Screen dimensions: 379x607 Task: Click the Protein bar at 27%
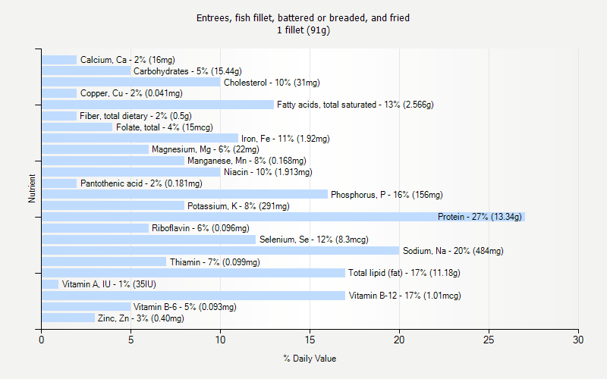[283, 217]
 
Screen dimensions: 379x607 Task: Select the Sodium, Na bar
[220, 251]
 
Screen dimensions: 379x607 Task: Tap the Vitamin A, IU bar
[50, 284]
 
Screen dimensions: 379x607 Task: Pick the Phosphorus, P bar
[184, 195]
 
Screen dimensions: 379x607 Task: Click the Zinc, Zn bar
[68, 318]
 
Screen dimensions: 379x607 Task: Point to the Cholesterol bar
[131, 83]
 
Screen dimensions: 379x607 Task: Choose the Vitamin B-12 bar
[193, 296]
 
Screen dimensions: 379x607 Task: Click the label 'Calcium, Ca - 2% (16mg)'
[127, 60]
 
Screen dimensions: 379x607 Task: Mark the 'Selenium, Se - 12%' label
[313, 240]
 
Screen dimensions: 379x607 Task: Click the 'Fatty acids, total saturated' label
[354, 105]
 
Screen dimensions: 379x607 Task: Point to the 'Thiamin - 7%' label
[215, 262]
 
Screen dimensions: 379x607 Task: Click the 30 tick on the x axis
[579, 340]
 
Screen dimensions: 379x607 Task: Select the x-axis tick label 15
[310, 340]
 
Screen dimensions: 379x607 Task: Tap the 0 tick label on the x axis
[42, 340]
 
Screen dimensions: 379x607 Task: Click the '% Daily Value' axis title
[310, 359]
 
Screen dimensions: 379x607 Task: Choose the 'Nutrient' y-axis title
[32, 189]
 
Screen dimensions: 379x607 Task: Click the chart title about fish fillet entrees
[303, 17]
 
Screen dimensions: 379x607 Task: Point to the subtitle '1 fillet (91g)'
[303, 30]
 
